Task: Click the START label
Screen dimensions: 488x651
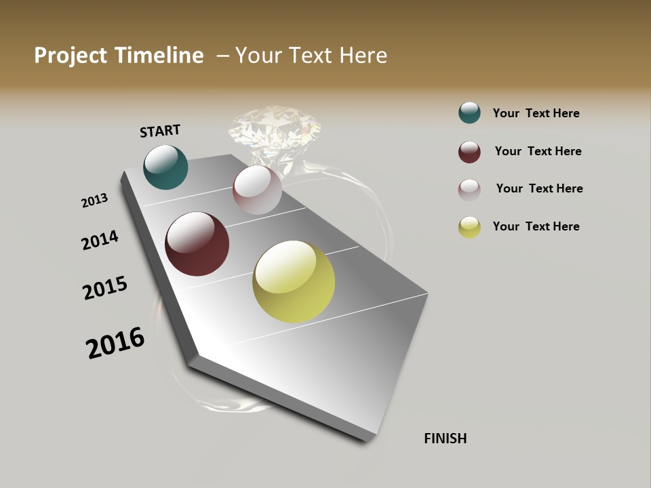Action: point(160,131)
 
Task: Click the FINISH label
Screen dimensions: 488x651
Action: point(445,439)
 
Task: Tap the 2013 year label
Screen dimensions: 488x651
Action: point(94,201)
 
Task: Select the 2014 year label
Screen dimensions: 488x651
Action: point(100,241)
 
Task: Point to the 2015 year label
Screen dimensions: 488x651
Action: point(105,288)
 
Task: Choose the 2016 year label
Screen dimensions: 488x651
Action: point(115,342)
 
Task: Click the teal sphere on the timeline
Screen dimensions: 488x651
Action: point(165,167)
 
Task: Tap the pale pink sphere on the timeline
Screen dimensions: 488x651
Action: point(257,190)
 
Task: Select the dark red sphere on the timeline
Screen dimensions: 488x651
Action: point(197,244)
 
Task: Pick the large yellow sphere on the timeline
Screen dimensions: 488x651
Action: point(294,281)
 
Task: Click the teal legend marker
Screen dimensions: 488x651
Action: point(469,113)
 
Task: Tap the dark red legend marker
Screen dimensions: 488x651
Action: point(469,152)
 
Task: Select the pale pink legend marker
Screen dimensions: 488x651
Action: point(469,190)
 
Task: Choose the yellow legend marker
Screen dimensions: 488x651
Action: point(469,227)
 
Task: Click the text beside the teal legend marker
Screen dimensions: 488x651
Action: point(536,113)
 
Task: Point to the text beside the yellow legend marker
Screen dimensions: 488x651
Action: point(536,226)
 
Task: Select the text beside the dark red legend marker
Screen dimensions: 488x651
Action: point(538,151)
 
